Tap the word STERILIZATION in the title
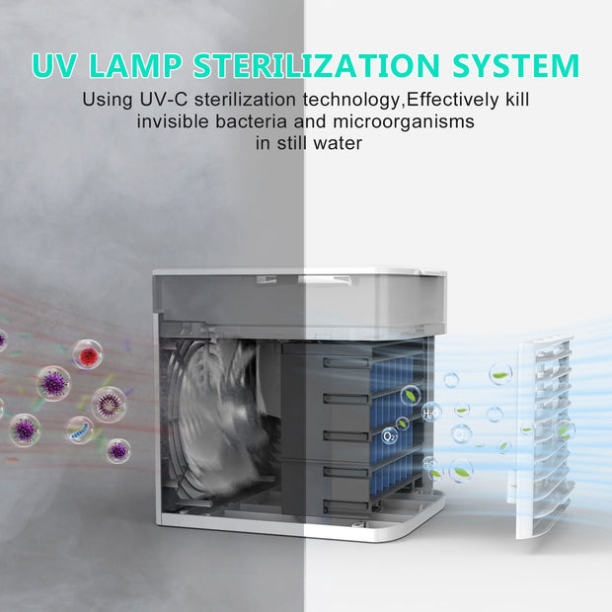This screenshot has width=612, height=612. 317,65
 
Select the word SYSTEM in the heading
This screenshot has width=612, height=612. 516,65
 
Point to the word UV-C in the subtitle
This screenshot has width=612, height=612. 164,100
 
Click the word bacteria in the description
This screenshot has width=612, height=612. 251,121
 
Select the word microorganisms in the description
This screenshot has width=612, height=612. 404,121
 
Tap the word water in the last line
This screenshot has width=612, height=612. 338,143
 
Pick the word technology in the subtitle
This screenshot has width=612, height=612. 352,101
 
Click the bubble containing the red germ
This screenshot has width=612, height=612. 88,354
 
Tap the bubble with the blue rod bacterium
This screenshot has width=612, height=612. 80,430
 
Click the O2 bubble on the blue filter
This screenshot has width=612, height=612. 389,435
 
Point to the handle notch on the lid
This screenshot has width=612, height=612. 325,280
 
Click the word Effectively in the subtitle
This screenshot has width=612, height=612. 452,100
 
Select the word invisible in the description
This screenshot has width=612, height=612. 173,121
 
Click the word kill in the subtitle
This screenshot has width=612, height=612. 517,100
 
